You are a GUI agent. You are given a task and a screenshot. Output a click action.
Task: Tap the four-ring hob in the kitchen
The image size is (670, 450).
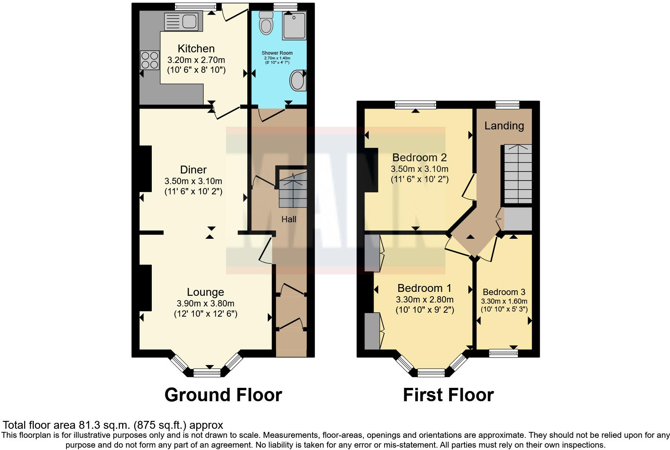(x=149, y=60)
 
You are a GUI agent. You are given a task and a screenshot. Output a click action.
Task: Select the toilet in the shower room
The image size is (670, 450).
(x=266, y=23)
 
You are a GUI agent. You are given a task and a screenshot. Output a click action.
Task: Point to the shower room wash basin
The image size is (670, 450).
(x=297, y=81)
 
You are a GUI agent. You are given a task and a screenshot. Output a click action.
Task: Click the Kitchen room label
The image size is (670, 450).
(x=196, y=48)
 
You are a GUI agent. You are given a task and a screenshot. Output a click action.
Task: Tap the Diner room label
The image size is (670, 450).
(x=193, y=170)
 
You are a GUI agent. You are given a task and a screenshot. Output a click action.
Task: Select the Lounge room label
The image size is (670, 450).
(x=205, y=292)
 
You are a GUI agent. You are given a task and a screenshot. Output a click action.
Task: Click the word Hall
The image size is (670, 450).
(x=289, y=219)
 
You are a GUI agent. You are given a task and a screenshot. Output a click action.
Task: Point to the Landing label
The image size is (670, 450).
(x=504, y=126)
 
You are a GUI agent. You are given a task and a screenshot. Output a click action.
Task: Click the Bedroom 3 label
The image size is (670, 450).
(x=504, y=292)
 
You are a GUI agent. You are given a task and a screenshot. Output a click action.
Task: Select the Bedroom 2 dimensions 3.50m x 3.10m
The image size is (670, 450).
(x=419, y=169)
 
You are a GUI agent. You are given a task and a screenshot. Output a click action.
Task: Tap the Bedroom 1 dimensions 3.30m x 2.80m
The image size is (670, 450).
(x=425, y=299)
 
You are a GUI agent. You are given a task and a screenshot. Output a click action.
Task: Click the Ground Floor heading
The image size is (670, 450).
(x=223, y=395)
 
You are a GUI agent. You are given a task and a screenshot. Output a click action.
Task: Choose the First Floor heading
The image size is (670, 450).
(x=448, y=395)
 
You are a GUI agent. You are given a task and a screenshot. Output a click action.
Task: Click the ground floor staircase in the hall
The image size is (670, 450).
(x=293, y=190)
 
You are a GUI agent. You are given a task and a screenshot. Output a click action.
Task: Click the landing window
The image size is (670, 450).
(x=507, y=105)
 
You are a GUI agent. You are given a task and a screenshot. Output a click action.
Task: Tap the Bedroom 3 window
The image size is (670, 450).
(x=503, y=353)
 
